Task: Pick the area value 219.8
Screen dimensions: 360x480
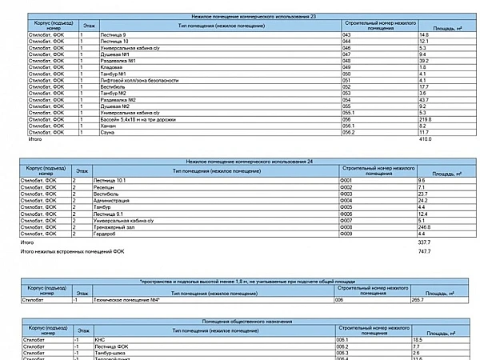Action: tap(425, 118)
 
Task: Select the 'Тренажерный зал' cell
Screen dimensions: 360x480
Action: tap(112, 227)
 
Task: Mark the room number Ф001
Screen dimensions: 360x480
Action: tap(346, 181)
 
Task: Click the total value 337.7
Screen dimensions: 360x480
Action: tap(424, 242)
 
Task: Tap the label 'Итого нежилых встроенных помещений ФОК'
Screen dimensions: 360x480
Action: tap(73, 252)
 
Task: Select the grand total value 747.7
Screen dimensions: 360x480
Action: tap(424, 252)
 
